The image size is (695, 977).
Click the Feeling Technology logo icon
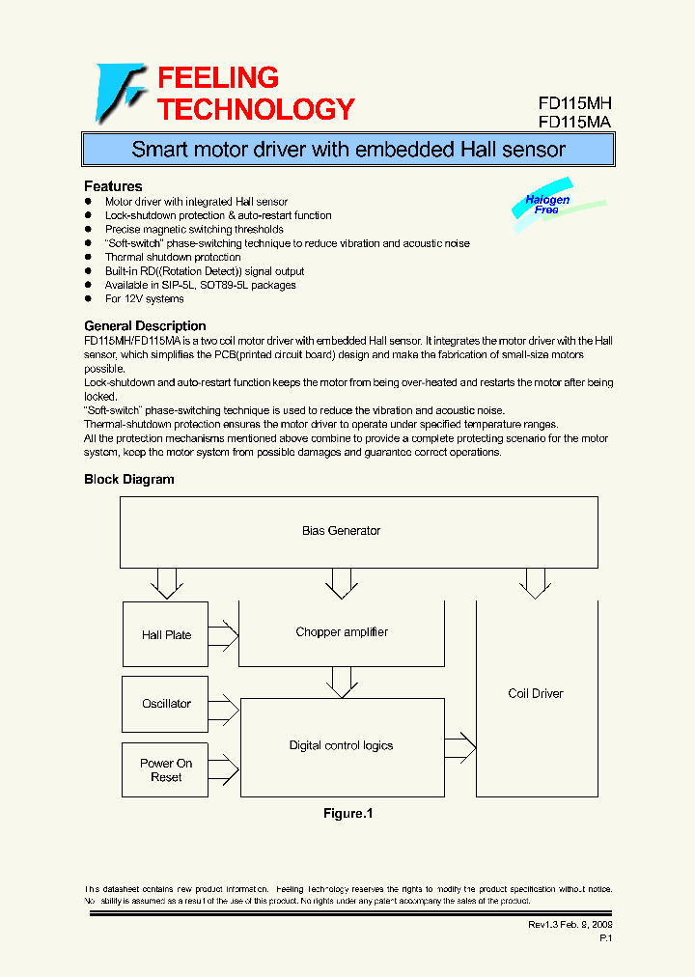120,94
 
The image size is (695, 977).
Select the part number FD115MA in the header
575,123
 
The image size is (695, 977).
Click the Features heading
113,186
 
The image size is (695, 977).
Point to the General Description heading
145,326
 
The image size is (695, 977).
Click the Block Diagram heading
129,479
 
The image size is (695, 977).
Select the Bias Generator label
341,531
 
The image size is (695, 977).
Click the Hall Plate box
166,635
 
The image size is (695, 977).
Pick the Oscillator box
166,704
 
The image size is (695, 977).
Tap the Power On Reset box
166,770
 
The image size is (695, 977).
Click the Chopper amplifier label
342,632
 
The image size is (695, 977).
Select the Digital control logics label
342,745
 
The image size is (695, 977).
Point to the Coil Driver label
536,693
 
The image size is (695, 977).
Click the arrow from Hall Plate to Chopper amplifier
223,635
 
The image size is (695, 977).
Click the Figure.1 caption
347,814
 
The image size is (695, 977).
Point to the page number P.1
605,937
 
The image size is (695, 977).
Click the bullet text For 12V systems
145,299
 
